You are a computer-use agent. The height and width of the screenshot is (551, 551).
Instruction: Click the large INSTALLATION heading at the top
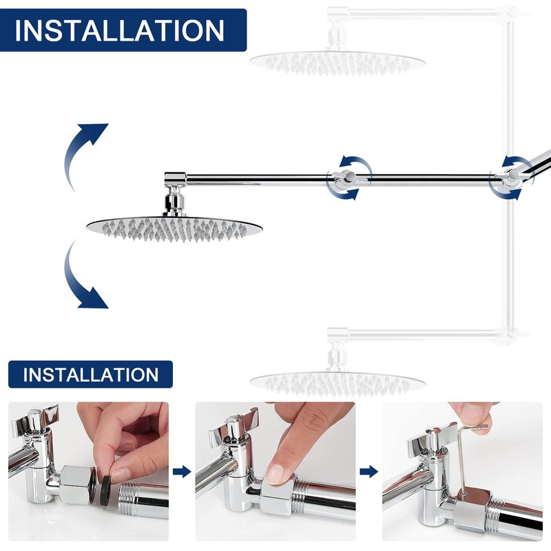click(x=119, y=30)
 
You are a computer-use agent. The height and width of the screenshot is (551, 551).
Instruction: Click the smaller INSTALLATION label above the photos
click(x=91, y=375)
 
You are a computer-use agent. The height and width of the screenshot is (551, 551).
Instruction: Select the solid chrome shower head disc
click(x=174, y=229)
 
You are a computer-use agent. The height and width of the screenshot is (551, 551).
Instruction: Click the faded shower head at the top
click(x=337, y=63)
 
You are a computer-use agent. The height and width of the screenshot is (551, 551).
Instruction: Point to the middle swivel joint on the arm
click(x=348, y=178)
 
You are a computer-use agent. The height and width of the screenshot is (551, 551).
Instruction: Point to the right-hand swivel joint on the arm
click(x=511, y=178)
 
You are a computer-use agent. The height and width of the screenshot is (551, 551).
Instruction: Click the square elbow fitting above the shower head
click(x=175, y=179)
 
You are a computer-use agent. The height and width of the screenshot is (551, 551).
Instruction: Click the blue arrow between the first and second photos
click(x=182, y=472)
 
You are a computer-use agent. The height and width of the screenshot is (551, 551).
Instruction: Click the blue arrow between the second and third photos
click(x=369, y=472)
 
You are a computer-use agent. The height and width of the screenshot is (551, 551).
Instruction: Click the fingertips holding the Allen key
click(x=471, y=414)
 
